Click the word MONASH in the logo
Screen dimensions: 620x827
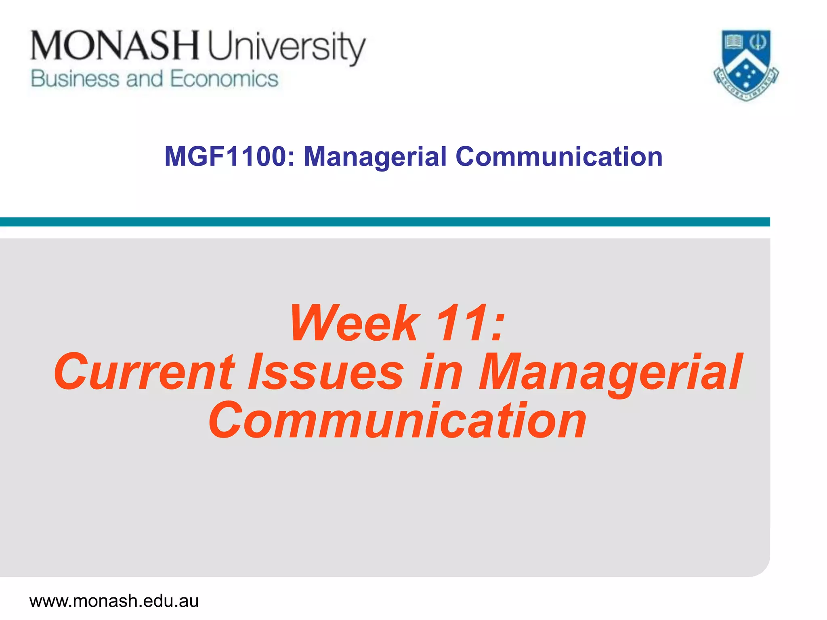(115, 46)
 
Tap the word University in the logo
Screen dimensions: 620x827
(286, 48)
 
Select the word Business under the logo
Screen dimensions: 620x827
(75, 79)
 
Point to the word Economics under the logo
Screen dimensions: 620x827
(224, 79)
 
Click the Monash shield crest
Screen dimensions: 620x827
(746, 65)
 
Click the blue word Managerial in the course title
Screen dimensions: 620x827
(375, 157)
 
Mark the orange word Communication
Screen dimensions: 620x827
(397, 421)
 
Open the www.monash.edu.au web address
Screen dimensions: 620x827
(114, 601)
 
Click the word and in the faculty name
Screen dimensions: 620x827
(145, 79)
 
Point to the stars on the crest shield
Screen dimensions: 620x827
(746, 75)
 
